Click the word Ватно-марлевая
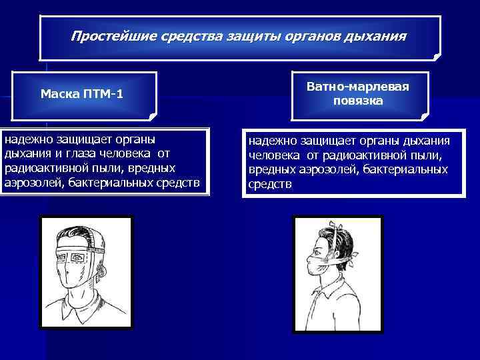(x=358, y=87)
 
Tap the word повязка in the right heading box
(x=358, y=101)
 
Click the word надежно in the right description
(x=271, y=141)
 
